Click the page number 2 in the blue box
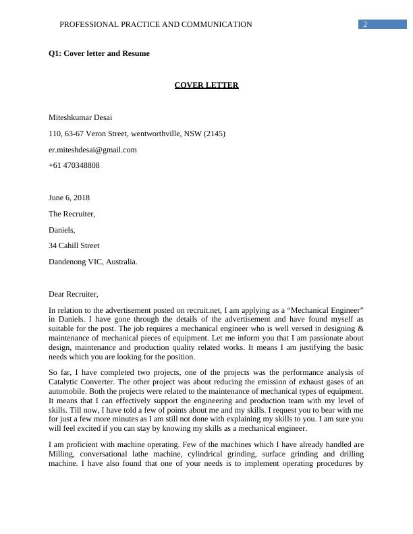point(365,24)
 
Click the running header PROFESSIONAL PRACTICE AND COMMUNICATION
point(156,24)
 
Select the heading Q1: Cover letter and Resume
point(99,53)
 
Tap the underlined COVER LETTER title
point(206,85)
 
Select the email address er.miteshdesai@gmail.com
point(92,150)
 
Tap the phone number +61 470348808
point(74,165)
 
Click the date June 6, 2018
point(69,198)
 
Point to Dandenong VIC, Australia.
point(93,262)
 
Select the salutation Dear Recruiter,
point(74,294)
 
